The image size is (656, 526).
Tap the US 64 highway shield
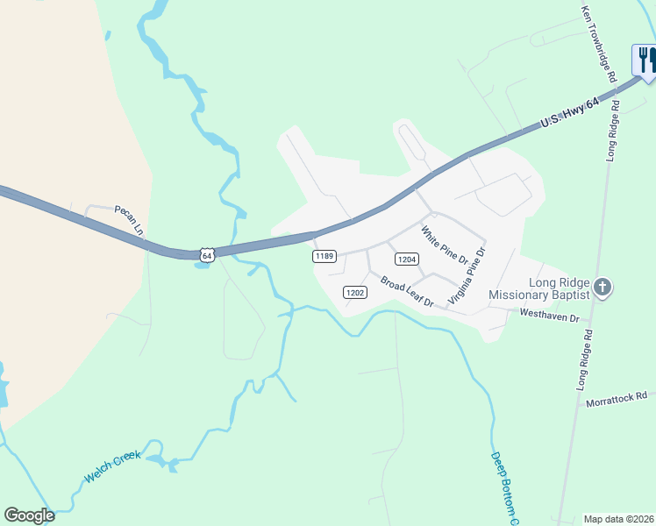point(206,254)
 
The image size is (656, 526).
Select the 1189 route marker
point(324,256)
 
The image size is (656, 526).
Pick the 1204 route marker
point(406,259)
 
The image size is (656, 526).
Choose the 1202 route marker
point(354,292)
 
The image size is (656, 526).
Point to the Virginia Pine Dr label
point(467,275)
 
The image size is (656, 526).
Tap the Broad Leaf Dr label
point(408,291)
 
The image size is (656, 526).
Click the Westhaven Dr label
point(550,314)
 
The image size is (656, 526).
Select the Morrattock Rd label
point(617,399)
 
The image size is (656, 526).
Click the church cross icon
point(602,288)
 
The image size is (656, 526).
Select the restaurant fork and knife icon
point(645,60)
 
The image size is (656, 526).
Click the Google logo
point(29,515)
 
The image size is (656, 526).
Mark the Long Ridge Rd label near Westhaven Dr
point(584,359)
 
